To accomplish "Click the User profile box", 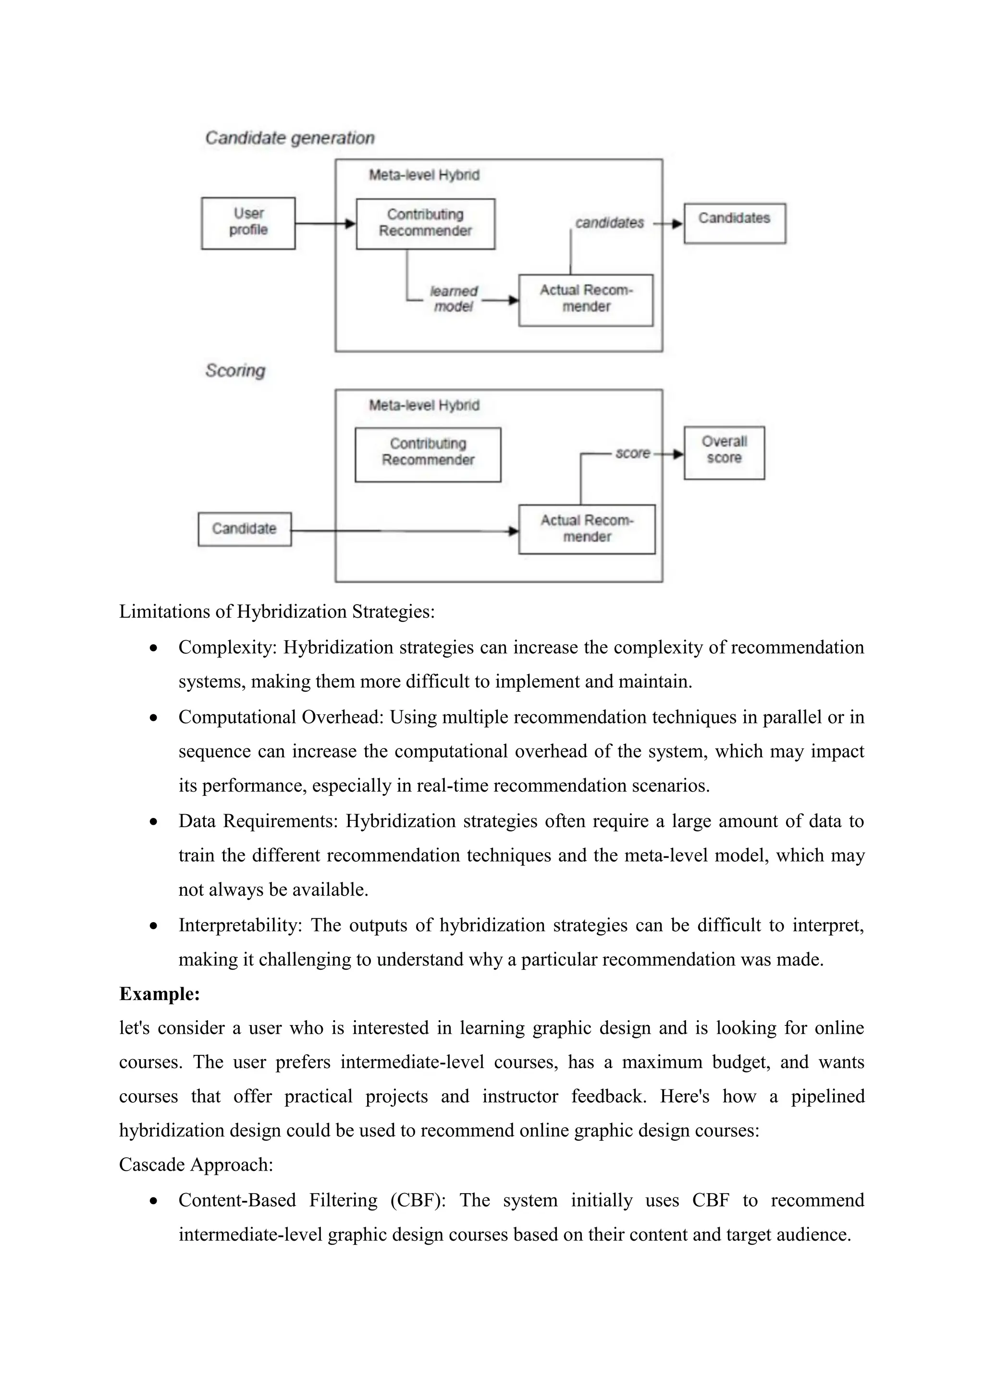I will tap(248, 223).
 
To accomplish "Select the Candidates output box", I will tap(734, 223).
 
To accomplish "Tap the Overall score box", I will tap(724, 452).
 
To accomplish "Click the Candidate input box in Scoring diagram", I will tap(244, 529).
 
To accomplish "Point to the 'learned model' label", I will tap(453, 299).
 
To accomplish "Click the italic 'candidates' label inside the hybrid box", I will tap(609, 223).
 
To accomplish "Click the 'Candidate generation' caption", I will tap(290, 138).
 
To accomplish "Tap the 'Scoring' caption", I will tap(235, 370).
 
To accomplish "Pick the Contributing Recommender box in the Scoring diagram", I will tap(428, 454).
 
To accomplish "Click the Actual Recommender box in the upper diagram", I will tap(585, 300).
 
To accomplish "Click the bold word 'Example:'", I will tap(160, 994).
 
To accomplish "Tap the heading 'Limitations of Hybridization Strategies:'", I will tap(277, 611).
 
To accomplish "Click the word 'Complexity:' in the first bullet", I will tap(227, 647).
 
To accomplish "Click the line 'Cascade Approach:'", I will tap(196, 1164).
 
